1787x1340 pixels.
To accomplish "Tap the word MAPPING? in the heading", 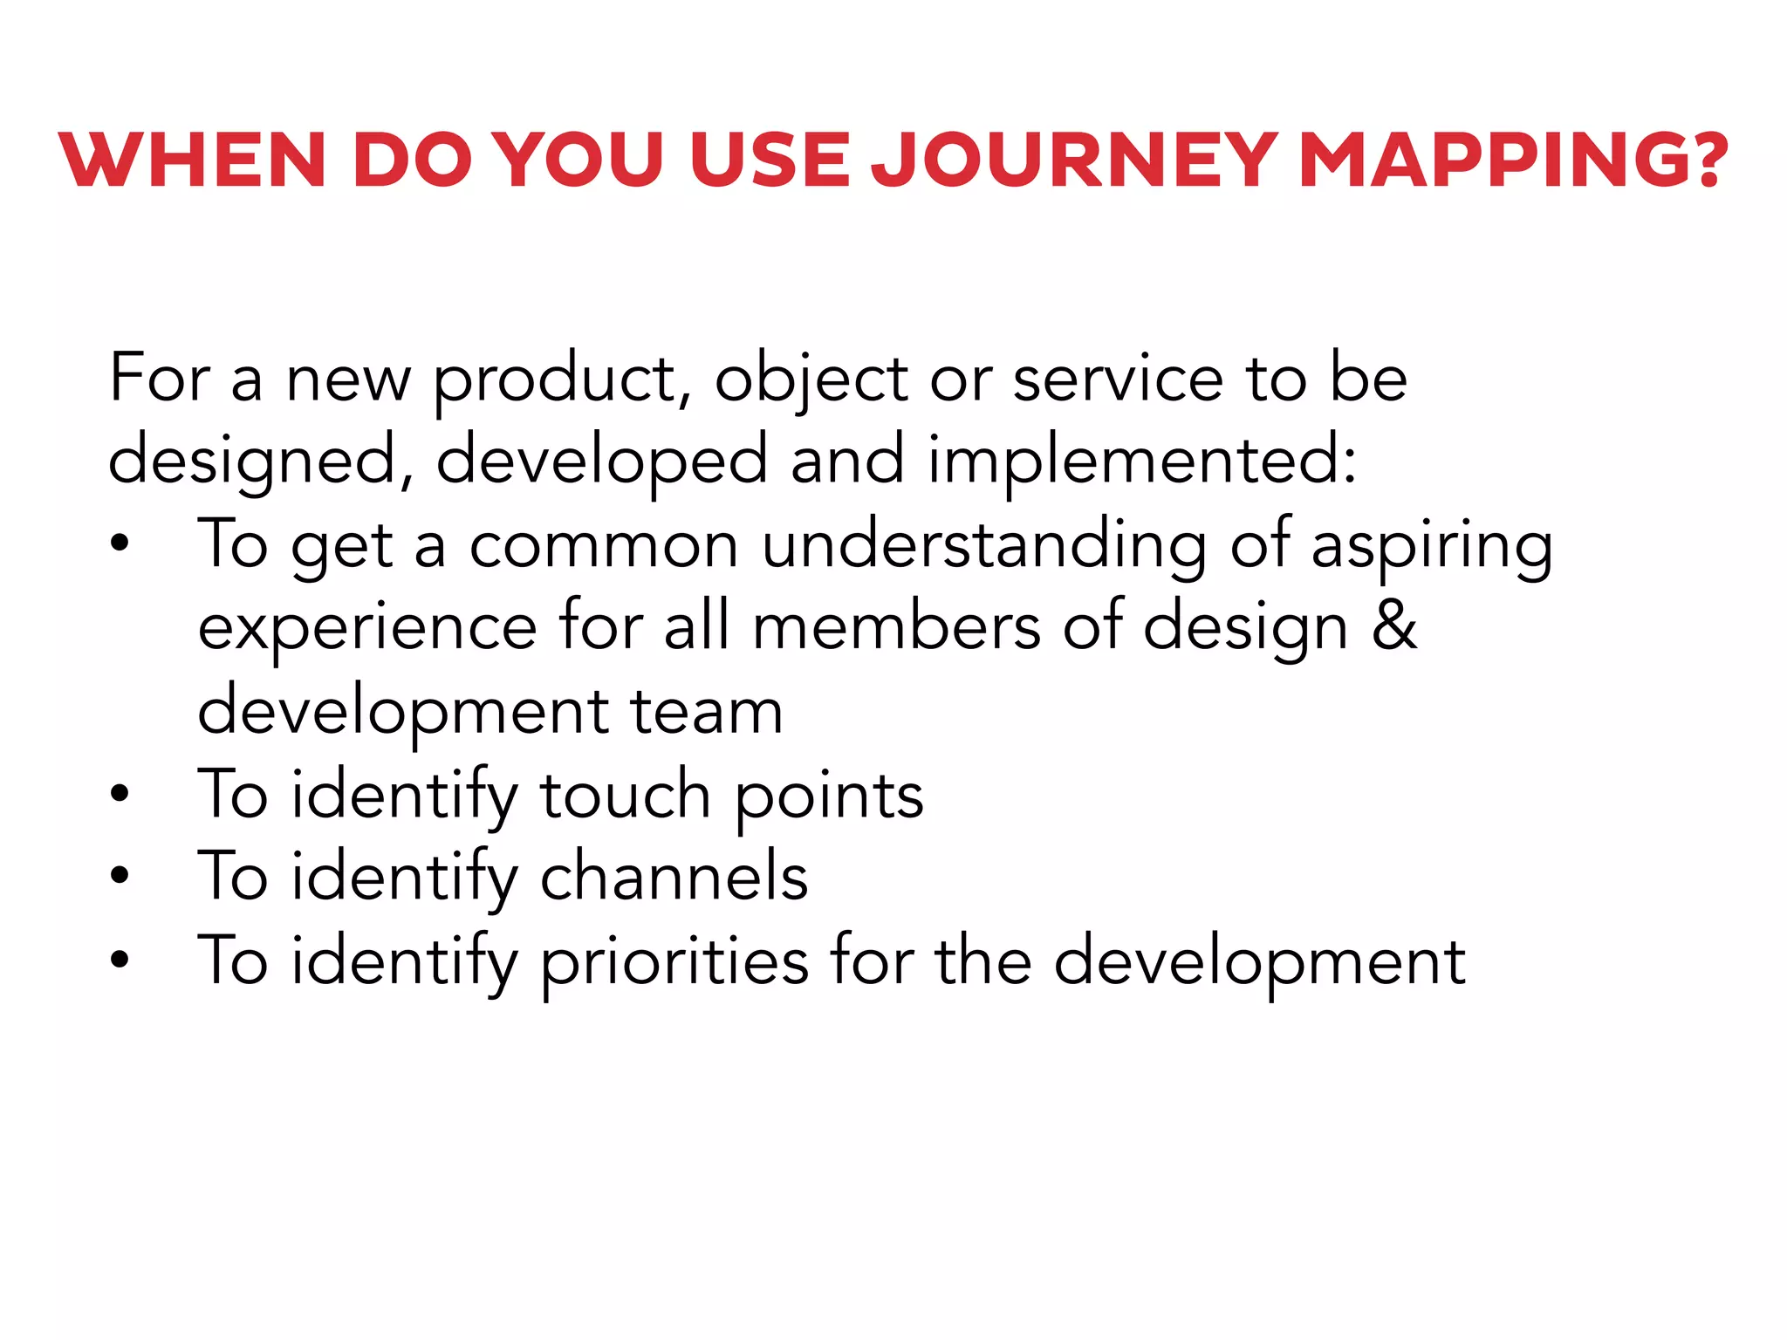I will pos(1512,161).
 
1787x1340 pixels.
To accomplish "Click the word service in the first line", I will pos(1118,379).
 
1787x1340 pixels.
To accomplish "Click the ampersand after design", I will pos(1393,626).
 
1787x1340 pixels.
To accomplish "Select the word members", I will pos(896,626).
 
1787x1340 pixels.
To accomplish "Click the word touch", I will pos(626,795).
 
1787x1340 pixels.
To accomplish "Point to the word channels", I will pos(674,877).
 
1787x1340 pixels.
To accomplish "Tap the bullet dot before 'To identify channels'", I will pos(120,875).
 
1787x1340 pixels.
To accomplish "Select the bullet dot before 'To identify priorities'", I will pos(120,959).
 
